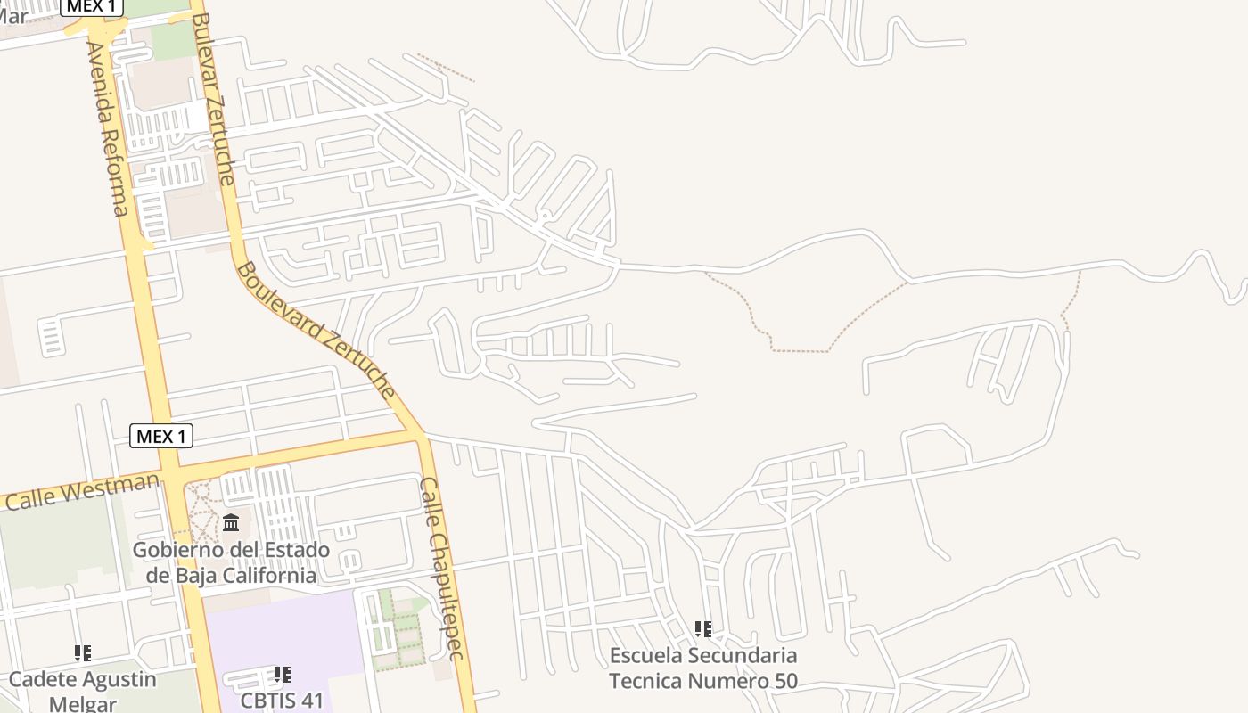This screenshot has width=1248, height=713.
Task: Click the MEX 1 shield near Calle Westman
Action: click(x=161, y=436)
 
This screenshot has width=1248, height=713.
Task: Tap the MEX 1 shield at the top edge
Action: click(x=92, y=6)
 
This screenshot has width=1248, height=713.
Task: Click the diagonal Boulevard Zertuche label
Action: click(x=316, y=329)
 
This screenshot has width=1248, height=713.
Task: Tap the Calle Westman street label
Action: click(x=82, y=491)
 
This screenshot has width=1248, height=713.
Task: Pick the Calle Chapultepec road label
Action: click(x=442, y=569)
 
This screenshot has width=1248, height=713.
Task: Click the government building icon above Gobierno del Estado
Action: click(x=231, y=522)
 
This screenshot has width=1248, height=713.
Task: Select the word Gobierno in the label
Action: click(x=174, y=550)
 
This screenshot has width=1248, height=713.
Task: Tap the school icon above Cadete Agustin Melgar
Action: click(x=83, y=653)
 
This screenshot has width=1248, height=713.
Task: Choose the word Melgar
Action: click(x=83, y=704)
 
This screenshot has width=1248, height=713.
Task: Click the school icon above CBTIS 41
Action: click(x=282, y=675)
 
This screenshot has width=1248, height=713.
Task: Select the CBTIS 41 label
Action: click(x=282, y=700)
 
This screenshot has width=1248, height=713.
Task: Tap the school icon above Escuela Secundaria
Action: click(x=703, y=630)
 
